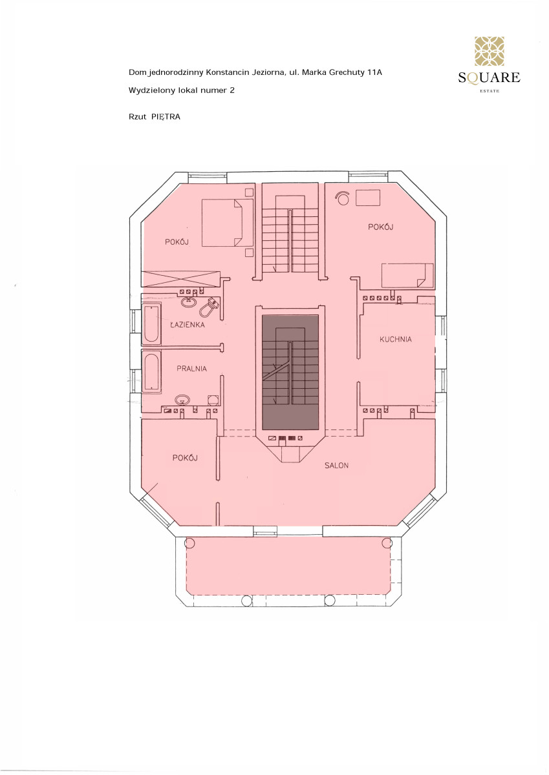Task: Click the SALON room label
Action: tap(336, 466)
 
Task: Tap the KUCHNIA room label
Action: tap(396, 340)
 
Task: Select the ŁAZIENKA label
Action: tap(188, 324)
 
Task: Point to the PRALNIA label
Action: tap(191, 369)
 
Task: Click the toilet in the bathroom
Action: tap(209, 307)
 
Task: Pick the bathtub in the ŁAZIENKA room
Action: tap(151, 324)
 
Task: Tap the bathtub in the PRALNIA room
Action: tap(151, 372)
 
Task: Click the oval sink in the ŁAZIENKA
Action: tap(189, 302)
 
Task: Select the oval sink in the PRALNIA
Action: tap(182, 400)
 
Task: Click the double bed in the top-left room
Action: tap(228, 222)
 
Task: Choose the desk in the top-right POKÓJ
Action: tap(368, 198)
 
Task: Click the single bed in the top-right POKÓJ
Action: tap(407, 275)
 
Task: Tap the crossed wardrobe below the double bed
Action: tap(180, 279)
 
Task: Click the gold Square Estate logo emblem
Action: tap(489, 51)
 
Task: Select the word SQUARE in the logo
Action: tap(489, 77)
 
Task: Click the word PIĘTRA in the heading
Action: tap(166, 117)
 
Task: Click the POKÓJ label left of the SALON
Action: tap(185, 458)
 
